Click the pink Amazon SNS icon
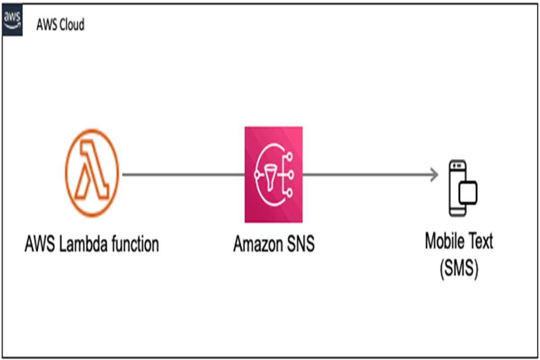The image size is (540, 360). click(x=274, y=174)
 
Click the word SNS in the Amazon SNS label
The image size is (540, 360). click(x=300, y=244)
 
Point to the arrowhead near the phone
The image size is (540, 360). click(x=434, y=175)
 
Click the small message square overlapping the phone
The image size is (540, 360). click(x=468, y=192)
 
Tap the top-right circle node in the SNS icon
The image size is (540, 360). click(x=289, y=156)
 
